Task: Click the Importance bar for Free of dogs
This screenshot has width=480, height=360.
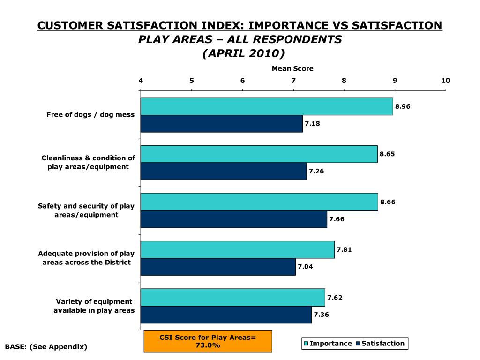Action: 267,106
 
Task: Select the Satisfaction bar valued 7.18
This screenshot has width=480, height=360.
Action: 222,124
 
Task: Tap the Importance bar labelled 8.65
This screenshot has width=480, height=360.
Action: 259,154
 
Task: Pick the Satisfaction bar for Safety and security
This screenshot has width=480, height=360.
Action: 234,219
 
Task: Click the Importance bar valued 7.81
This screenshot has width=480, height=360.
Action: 238,249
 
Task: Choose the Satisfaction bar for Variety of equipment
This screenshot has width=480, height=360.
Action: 226,315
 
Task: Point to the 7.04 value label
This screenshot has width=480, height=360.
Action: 305,267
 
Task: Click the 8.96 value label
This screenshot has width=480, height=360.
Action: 403,106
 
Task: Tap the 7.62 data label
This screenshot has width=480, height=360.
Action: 335,297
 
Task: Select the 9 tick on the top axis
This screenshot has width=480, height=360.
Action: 395,81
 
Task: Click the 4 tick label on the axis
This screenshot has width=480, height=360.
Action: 141,81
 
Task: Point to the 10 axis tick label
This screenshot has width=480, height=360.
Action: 445,81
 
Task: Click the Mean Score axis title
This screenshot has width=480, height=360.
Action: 292,68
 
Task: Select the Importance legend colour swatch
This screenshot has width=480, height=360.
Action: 306,344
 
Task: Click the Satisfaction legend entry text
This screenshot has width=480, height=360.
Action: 383,344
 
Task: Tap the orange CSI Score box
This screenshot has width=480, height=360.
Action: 208,341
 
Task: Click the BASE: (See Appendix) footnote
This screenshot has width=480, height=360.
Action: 46,347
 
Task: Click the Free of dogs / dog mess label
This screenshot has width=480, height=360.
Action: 90,114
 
